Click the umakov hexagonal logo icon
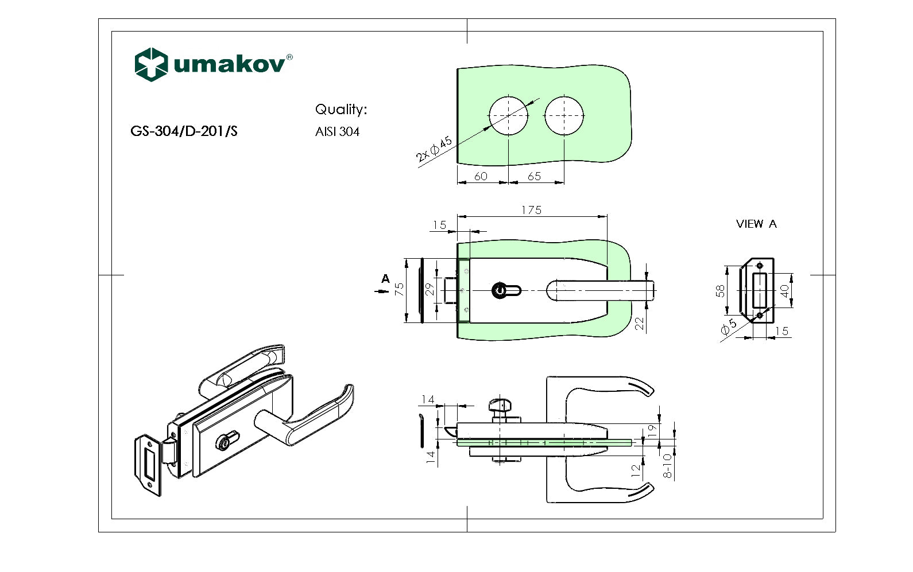tap(151, 64)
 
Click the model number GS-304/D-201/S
tap(184, 131)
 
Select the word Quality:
tap(341, 110)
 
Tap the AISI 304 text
tap(337, 132)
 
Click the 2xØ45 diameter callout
tap(434, 149)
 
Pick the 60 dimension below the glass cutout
tap(481, 176)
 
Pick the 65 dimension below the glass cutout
tap(534, 176)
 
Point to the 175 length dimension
tap(531, 210)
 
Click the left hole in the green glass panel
tap(508, 115)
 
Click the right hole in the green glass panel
tap(564, 115)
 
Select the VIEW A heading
tap(756, 224)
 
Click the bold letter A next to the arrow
tap(385, 279)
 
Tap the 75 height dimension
tap(400, 289)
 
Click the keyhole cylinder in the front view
tap(501, 290)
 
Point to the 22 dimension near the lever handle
tap(640, 324)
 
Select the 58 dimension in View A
tap(720, 291)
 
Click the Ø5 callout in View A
tap(728, 327)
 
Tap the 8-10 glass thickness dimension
tap(667, 465)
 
